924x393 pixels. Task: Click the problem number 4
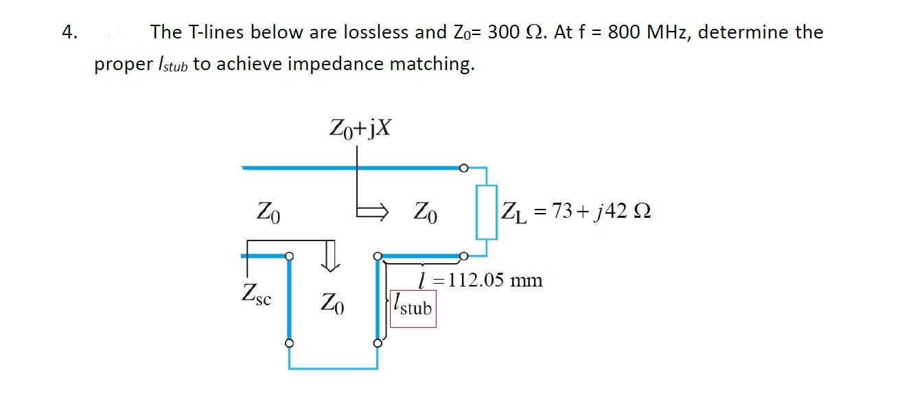(69, 32)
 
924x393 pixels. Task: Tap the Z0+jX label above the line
(360, 128)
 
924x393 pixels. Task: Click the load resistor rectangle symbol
(486, 212)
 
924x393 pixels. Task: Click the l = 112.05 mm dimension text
(481, 280)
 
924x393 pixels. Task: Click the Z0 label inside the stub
(332, 302)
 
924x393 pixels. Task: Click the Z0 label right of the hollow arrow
(426, 211)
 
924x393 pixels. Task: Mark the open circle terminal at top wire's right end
(463, 167)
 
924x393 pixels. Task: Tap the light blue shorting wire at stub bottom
(332, 368)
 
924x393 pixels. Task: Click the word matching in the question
(431, 64)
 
